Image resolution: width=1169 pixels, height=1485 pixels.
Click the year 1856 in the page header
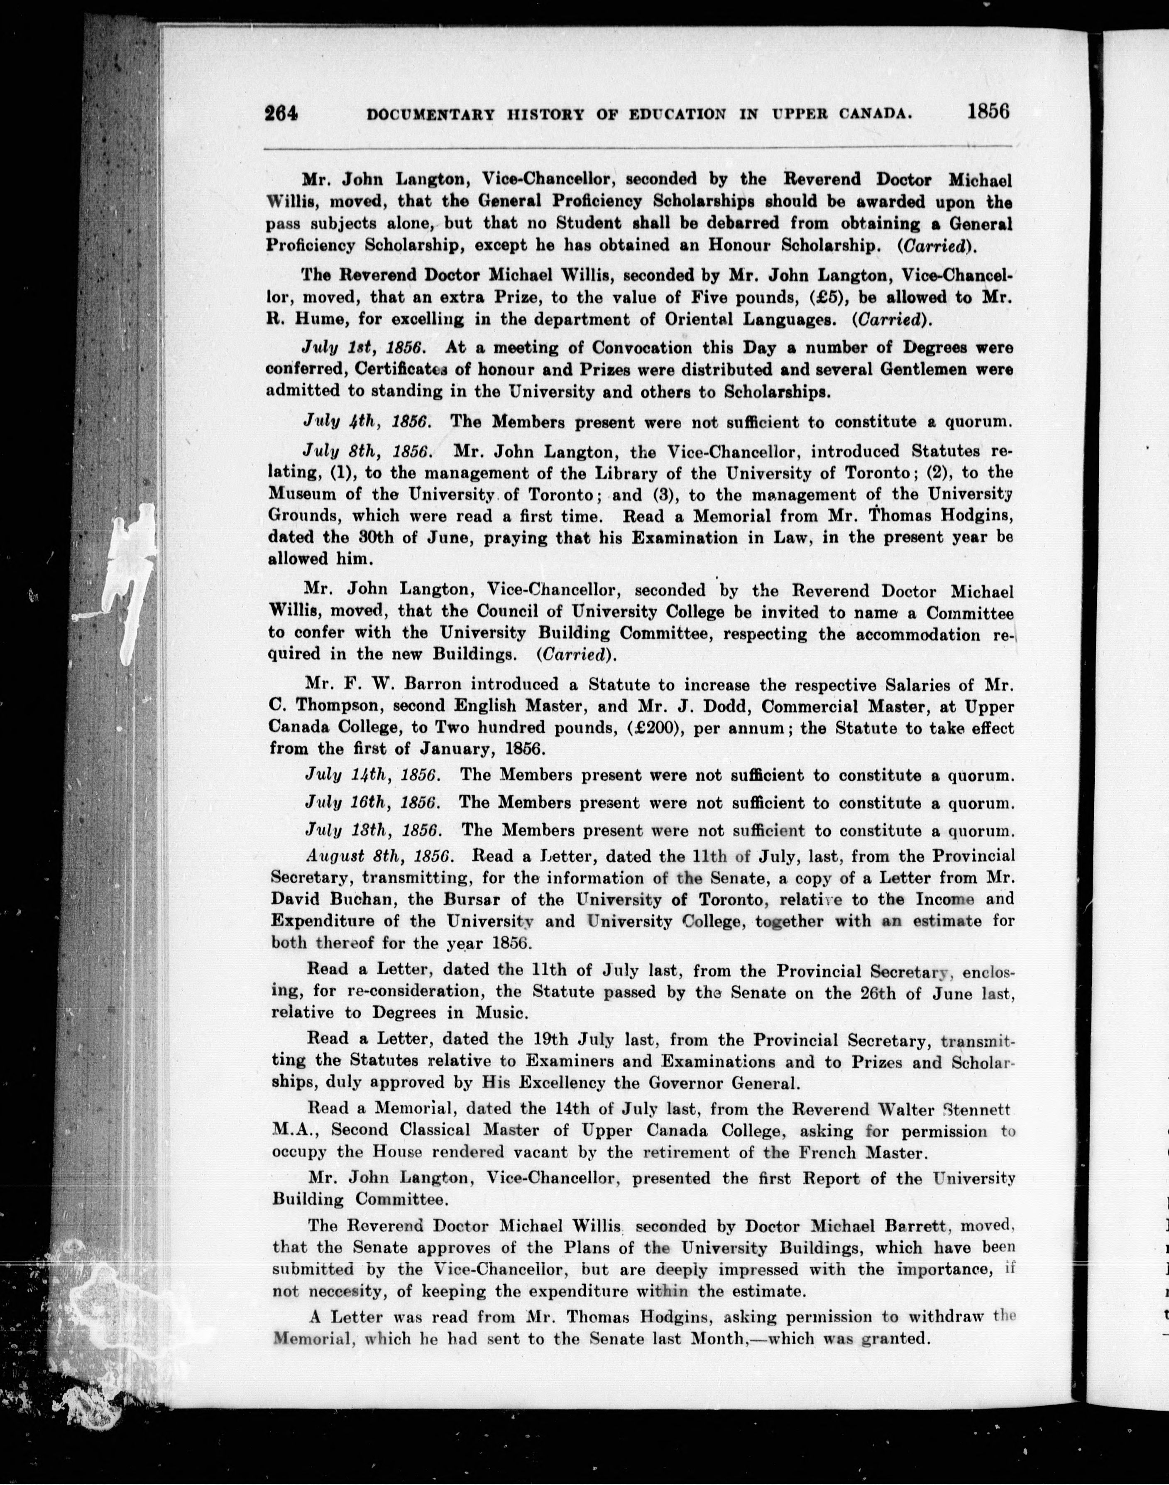pyautogui.click(x=988, y=111)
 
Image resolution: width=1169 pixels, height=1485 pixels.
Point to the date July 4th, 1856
pyautogui.click(x=367, y=422)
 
